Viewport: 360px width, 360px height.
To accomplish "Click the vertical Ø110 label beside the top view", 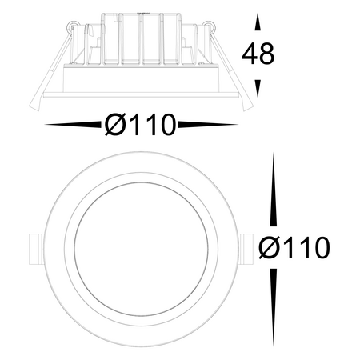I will tap(294, 248).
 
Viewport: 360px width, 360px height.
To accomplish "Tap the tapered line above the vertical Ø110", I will tap(274, 192).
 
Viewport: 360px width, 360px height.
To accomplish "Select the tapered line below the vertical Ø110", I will tap(274, 308).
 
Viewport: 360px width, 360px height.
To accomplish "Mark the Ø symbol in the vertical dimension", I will tap(270, 248).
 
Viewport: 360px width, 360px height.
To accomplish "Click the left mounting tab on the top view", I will tap(35, 248).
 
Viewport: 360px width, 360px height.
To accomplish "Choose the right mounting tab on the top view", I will tap(245, 248).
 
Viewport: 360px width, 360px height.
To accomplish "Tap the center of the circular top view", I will tap(140, 248).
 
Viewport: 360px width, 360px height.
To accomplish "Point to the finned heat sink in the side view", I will tap(140, 44).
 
